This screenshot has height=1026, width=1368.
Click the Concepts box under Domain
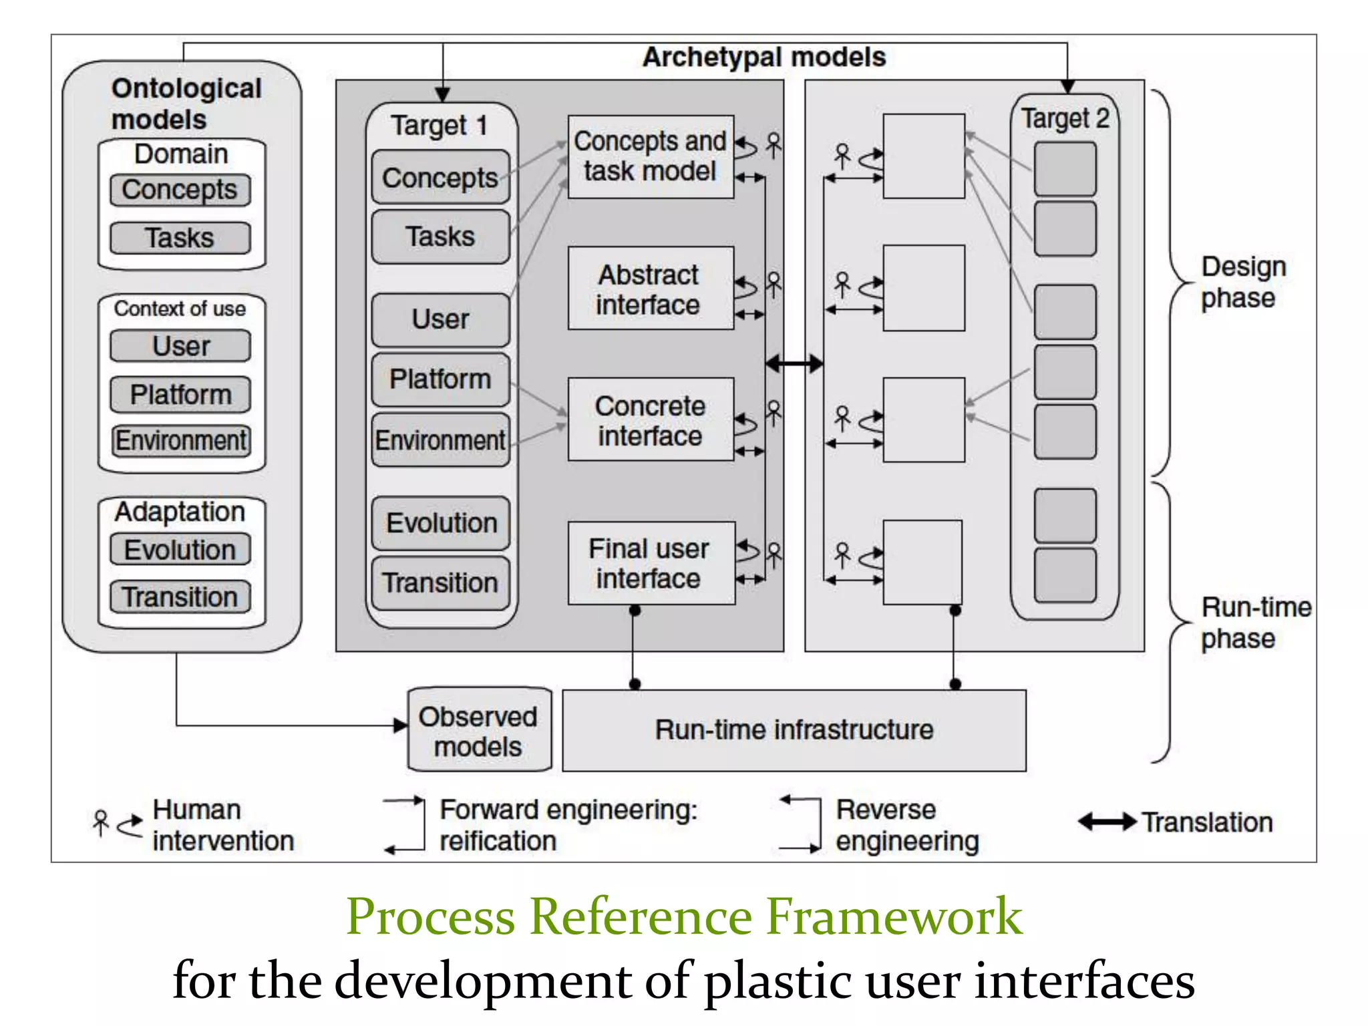(180, 190)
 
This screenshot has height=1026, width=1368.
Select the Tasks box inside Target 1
(440, 236)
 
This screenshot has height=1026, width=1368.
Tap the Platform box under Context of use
(180, 394)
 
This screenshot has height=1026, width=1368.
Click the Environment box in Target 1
(440, 440)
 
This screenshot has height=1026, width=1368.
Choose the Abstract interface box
(650, 289)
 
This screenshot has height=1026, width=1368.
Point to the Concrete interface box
(650, 420)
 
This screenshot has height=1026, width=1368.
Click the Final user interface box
(650, 563)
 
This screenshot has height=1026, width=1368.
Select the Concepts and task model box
(650, 156)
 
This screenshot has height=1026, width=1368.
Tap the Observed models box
(479, 731)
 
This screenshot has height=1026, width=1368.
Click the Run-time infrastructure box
(794, 730)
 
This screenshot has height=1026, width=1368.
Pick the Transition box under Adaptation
(180, 596)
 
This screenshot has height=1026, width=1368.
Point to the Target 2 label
(1065, 119)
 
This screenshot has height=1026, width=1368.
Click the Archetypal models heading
(764, 57)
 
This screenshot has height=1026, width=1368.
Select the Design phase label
(1242, 282)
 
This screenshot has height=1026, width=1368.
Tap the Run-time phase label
(1254, 623)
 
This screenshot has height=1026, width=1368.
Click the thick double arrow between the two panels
(794, 364)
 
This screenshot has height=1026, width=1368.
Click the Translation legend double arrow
(1107, 822)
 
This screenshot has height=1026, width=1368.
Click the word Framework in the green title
(894, 916)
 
